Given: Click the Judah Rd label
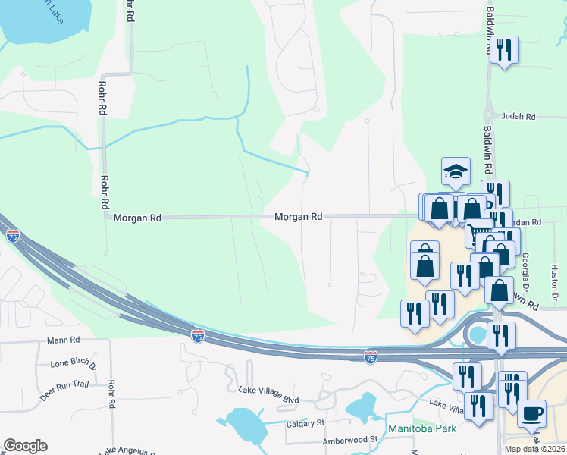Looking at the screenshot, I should [x=518, y=117].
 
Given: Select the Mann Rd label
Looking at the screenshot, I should [x=63, y=341].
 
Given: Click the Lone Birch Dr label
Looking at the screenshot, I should [x=74, y=364].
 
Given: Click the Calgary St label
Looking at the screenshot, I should [x=305, y=422].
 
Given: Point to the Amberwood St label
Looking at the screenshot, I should [x=349, y=439].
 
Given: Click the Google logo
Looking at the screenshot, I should [x=25, y=446].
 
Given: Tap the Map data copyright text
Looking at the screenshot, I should [x=535, y=449].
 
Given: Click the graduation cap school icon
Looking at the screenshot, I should [x=456, y=171].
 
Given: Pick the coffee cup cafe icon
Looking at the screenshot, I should [x=531, y=414].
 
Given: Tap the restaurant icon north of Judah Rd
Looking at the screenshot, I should [x=503, y=50].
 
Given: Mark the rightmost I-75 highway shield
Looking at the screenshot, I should [x=370, y=356].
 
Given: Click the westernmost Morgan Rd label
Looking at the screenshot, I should [x=137, y=218].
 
